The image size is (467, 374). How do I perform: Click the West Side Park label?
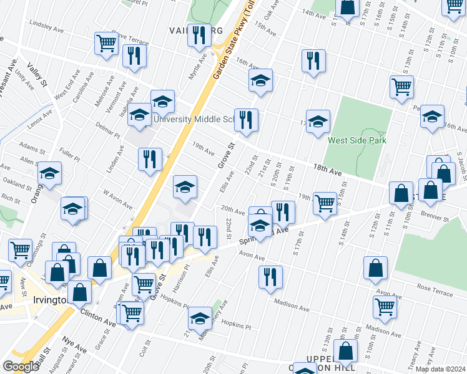click(x=357, y=140)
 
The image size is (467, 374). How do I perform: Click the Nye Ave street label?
click(x=74, y=343)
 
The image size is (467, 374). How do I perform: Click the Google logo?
click(x=21, y=367)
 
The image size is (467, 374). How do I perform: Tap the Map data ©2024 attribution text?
click(x=441, y=369)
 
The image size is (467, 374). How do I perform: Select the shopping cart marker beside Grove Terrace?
click(x=107, y=43)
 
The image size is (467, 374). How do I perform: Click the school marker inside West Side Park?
click(x=317, y=121)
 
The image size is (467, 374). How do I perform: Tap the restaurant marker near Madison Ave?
click(x=270, y=277)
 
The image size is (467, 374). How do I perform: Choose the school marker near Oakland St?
click(x=50, y=174)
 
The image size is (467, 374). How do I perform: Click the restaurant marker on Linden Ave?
click(x=150, y=159)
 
